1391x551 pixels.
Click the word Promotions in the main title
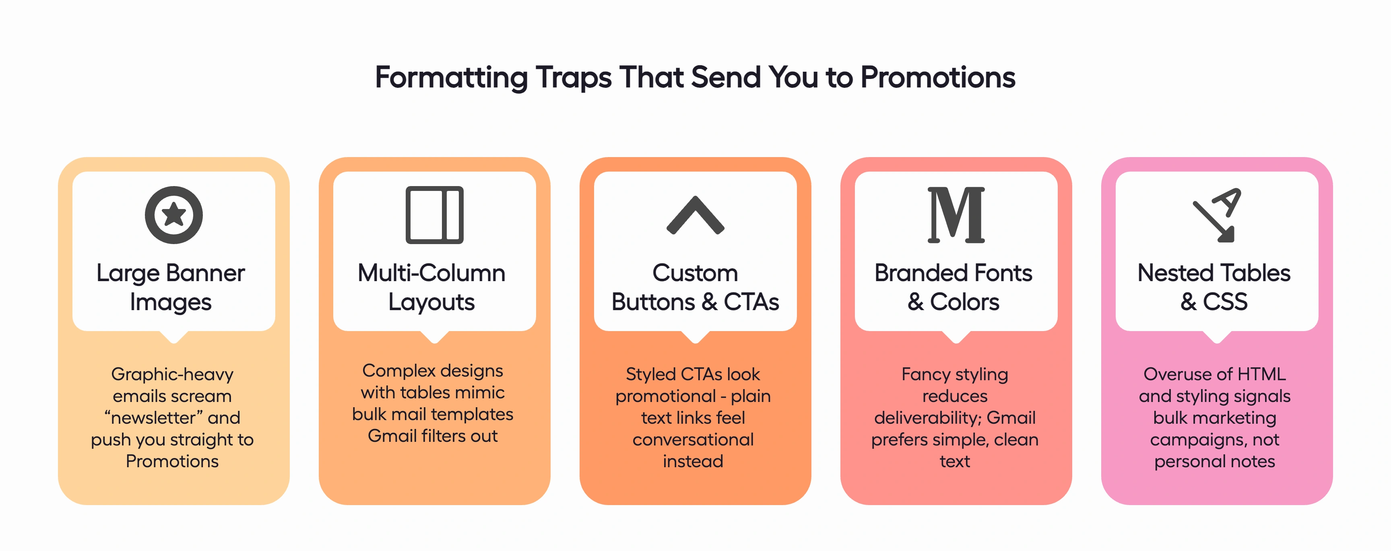point(937,77)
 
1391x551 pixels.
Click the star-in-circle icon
point(173,215)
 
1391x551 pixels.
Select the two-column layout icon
point(434,215)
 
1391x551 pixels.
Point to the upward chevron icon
point(695,215)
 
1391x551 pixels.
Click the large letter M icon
point(956,215)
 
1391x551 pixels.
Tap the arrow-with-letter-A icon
point(1217,215)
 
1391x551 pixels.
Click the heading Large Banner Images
point(171,287)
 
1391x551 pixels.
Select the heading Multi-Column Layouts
point(431,287)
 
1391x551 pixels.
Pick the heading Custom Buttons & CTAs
point(695,287)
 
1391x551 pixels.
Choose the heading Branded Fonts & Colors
point(953,287)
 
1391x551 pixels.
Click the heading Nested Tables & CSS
point(1214,287)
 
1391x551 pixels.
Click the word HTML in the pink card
point(1261,374)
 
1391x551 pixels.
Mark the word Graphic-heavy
point(172,374)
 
